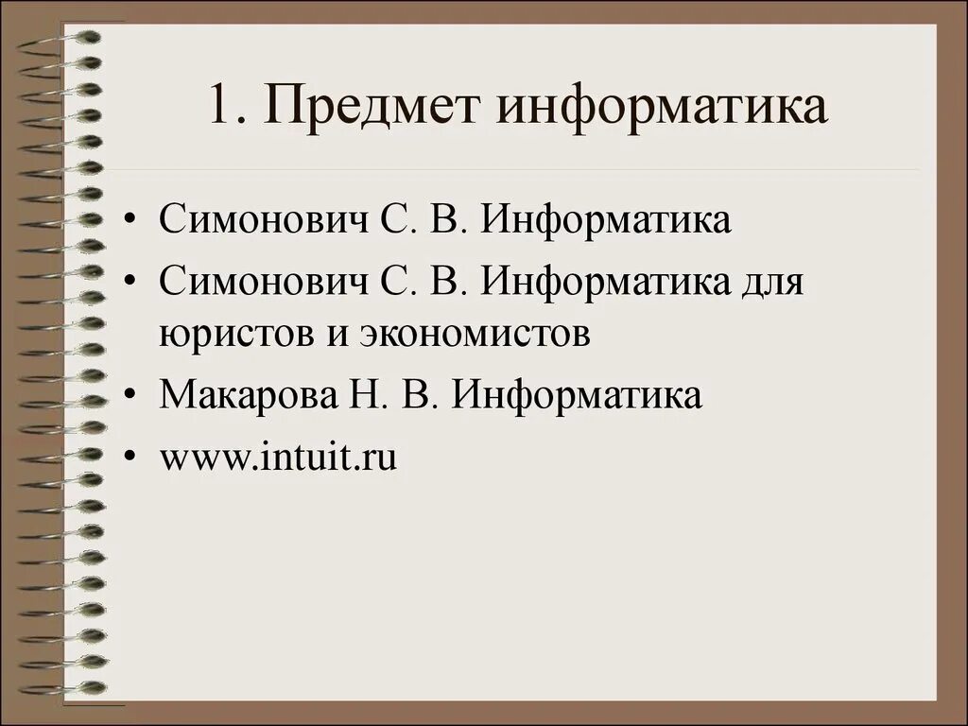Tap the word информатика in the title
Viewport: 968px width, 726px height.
pos(663,106)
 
